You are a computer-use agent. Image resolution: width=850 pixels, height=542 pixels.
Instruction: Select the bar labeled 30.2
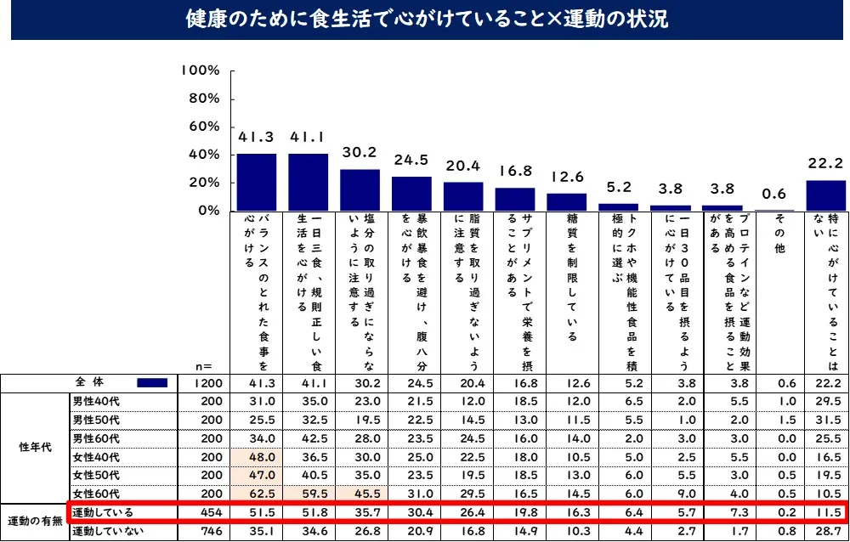(x=360, y=189)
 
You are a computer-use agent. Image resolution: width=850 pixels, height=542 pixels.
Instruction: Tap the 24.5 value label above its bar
(x=411, y=160)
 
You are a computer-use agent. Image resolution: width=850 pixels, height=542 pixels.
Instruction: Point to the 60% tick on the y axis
(x=203, y=127)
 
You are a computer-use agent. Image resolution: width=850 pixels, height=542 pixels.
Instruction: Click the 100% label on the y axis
(x=201, y=71)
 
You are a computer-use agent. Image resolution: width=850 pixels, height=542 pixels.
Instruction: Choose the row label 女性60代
(x=96, y=494)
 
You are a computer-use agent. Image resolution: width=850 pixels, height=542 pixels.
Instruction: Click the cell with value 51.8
(x=308, y=513)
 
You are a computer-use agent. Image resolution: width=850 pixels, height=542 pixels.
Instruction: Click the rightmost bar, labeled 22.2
(x=826, y=195)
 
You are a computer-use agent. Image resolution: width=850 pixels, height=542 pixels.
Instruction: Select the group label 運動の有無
(x=34, y=522)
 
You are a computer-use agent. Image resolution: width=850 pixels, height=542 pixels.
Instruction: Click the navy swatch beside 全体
(x=155, y=383)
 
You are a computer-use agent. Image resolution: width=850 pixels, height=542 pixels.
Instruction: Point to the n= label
(x=203, y=366)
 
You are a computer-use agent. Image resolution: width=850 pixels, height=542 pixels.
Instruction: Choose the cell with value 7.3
(x=722, y=513)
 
